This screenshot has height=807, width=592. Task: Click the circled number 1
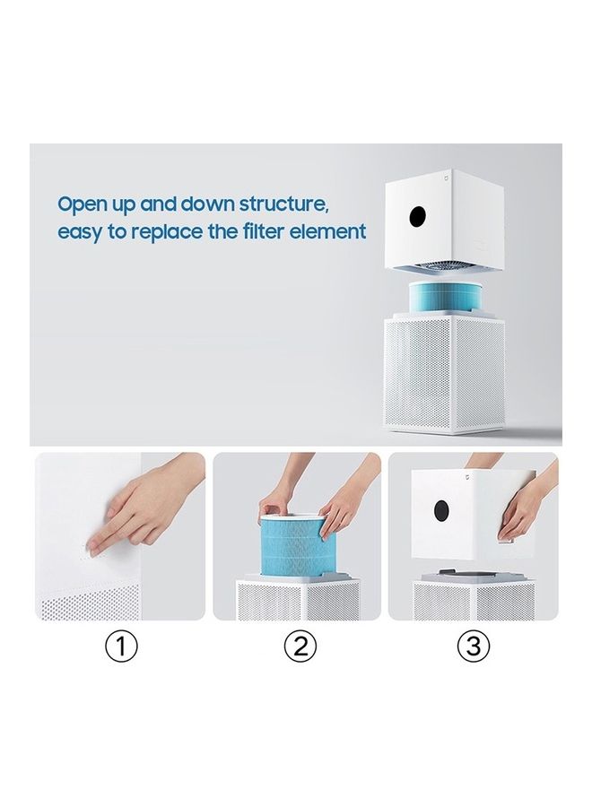pos(121,646)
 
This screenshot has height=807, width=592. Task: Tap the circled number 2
pos(300,646)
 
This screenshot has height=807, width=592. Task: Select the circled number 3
pos(474,646)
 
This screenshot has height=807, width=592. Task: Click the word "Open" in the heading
pos(81,204)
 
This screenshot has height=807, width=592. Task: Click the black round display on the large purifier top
pos(418,217)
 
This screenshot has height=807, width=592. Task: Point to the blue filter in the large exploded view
pos(446,297)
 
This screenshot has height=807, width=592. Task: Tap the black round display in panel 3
pos(441,510)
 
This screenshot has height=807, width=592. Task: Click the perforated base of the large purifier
pos(444,374)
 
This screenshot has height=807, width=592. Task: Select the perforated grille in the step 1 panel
pos(90,603)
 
